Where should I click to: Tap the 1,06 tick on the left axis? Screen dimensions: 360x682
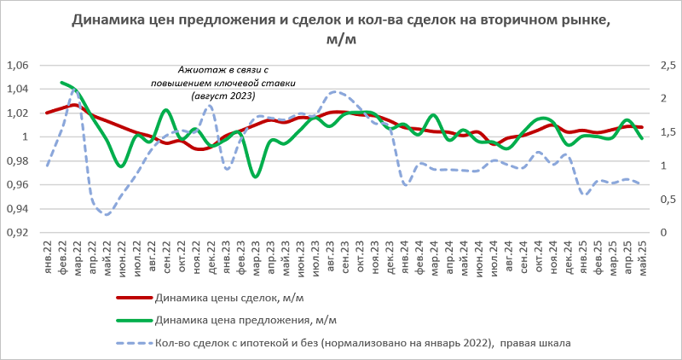[17, 65]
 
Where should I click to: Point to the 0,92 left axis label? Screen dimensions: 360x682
[17, 232]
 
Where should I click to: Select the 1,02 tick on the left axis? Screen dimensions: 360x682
[17, 113]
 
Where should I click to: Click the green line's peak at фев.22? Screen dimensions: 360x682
[62, 83]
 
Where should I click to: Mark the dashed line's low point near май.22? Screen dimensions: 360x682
[107, 214]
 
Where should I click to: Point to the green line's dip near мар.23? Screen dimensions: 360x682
[255, 176]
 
